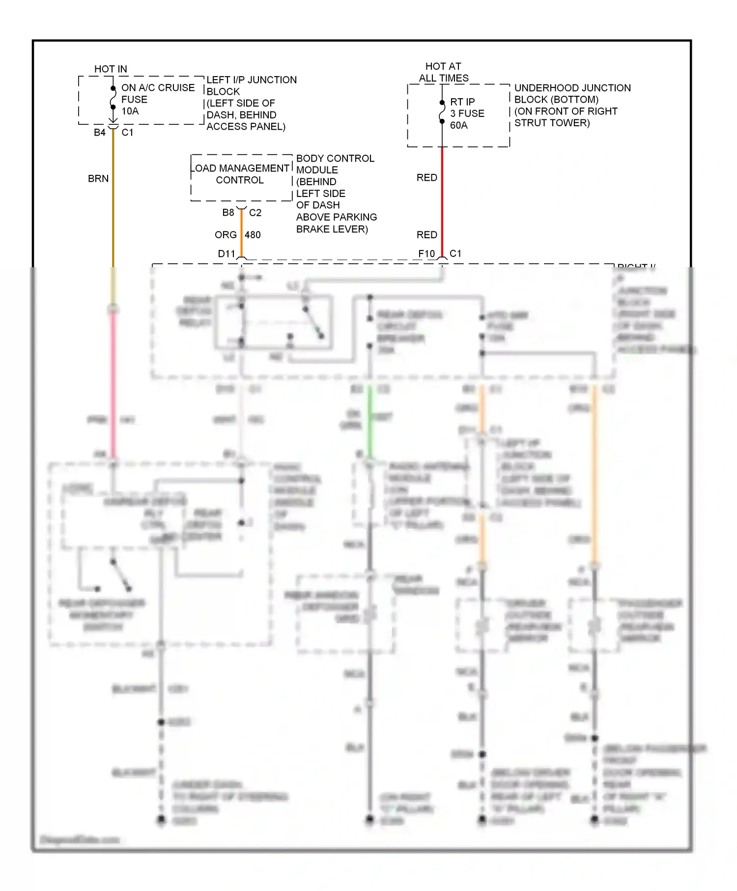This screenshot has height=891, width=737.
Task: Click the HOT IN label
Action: [111, 69]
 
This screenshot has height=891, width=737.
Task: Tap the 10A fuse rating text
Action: [130, 111]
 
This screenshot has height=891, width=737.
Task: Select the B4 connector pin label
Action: [100, 133]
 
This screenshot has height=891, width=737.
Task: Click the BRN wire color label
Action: [98, 179]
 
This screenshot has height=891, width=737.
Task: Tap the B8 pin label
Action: [228, 213]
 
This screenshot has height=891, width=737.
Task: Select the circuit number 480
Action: [253, 235]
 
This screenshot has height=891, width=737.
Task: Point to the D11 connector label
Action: [227, 254]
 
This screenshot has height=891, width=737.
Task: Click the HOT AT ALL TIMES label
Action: [443, 72]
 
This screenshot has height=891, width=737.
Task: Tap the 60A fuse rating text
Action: [459, 125]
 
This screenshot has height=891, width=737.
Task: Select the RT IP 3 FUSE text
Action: [467, 108]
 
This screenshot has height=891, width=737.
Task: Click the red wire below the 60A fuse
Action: [442, 201]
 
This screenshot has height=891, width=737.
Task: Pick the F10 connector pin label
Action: [426, 254]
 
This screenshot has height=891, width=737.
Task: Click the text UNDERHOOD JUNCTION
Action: [572, 88]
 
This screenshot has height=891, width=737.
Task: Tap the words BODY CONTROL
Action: [335, 158]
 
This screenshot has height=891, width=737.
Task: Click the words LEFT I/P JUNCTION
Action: [252, 80]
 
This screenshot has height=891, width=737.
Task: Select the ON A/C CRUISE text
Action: [158, 87]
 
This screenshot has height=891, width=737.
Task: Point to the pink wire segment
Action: [113, 383]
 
